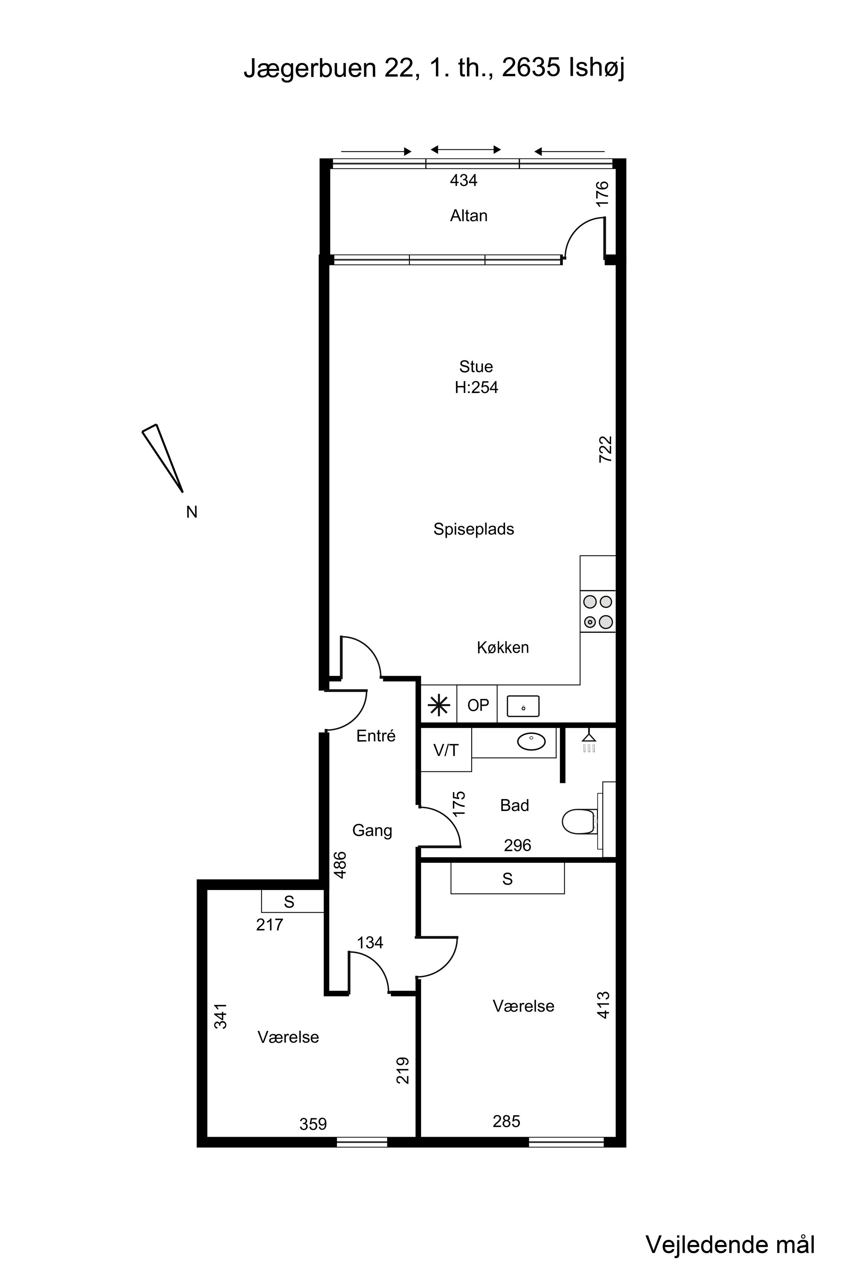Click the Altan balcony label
[x=468, y=216]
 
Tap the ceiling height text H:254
[x=476, y=387]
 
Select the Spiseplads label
[x=473, y=529]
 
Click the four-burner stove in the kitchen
[x=598, y=612]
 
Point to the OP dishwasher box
[x=478, y=705]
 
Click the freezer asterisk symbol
[x=438, y=706]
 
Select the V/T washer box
[x=446, y=751]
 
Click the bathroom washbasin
[x=531, y=742]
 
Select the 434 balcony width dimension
[x=464, y=180]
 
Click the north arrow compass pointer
[x=162, y=458]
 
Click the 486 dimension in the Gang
[x=340, y=865]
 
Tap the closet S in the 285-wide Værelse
[x=508, y=879]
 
